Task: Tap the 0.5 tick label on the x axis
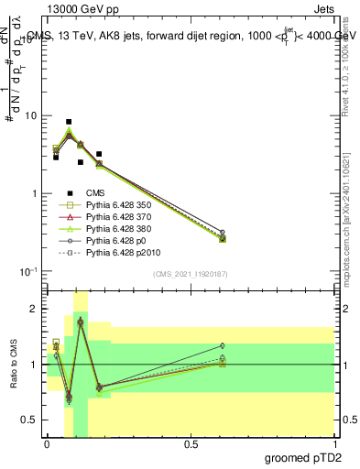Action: pos(191,442)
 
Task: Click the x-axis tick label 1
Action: pos(333,442)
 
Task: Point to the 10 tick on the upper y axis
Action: pos(34,116)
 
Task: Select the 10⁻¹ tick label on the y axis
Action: pos(31,271)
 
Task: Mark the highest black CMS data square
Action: pos(69,122)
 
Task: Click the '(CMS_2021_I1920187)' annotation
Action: pos(190,274)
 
